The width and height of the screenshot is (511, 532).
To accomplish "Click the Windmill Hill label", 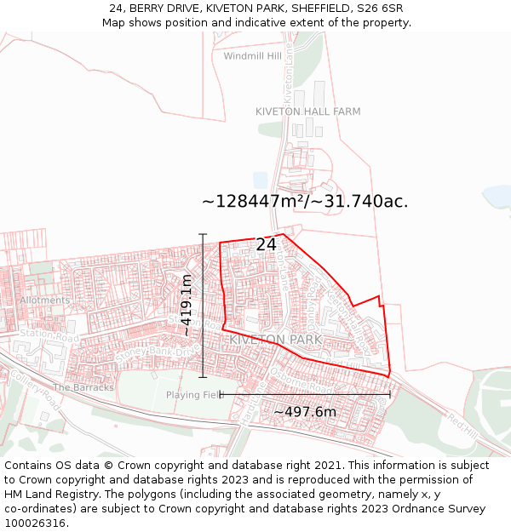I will (252, 56).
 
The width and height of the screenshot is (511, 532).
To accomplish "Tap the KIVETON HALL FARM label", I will (307, 112).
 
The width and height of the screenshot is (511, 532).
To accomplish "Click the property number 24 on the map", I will (266, 245).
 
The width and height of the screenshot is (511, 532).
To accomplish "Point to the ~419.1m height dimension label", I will (187, 305).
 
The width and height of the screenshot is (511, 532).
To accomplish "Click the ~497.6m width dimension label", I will (305, 412).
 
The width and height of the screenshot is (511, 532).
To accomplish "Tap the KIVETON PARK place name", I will (275, 340).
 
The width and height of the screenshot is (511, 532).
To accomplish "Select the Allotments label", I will (44, 300).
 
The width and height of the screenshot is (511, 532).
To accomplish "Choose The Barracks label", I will (83, 387).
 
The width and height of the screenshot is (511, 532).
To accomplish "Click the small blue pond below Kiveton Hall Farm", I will (260, 180).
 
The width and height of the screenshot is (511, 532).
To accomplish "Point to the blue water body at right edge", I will (497, 197).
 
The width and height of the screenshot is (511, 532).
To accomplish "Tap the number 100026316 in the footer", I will (36, 523).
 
